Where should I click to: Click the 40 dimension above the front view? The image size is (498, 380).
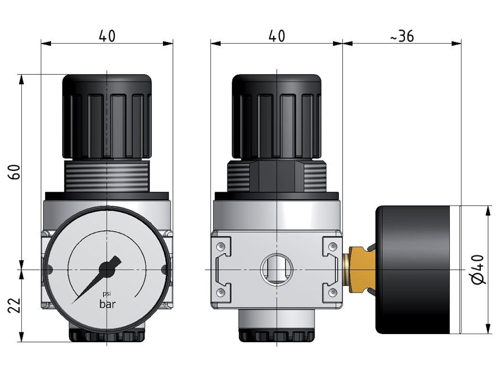click(107, 36)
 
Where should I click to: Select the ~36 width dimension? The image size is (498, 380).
click(402, 36)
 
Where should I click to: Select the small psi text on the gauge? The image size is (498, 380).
click(107, 294)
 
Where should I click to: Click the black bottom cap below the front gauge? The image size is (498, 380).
click(107, 336)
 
